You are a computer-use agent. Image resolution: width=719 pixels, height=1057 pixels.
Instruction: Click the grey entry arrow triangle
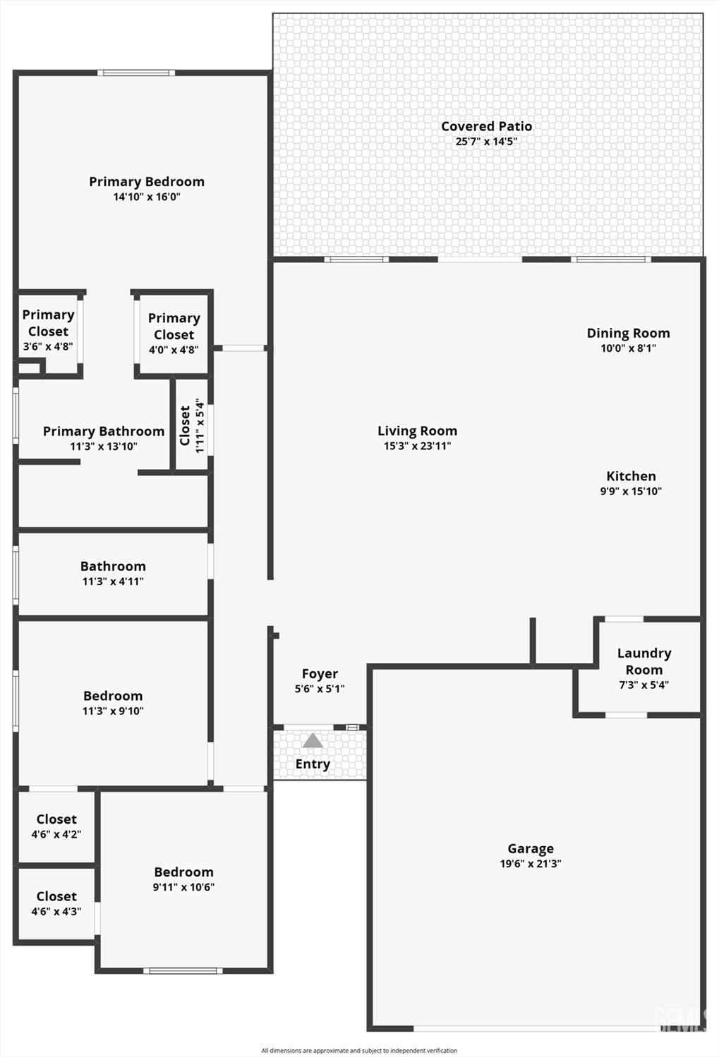pyautogui.click(x=313, y=740)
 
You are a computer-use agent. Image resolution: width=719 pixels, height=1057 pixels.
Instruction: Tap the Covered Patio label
pyautogui.click(x=487, y=126)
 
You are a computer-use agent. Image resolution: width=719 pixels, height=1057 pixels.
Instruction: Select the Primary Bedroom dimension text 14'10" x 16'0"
pyautogui.click(x=147, y=197)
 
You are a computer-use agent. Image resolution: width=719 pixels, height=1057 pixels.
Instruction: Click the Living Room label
pyautogui.click(x=417, y=431)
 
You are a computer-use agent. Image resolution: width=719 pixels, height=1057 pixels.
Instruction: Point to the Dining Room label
pyautogui.click(x=629, y=333)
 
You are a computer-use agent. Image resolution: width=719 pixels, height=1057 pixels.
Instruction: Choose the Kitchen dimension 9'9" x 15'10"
pyautogui.click(x=631, y=491)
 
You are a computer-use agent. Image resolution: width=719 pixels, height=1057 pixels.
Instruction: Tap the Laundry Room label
pyautogui.click(x=644, y=661)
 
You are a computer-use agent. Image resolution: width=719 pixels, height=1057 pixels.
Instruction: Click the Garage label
pyautogui.click(x=531, y=849)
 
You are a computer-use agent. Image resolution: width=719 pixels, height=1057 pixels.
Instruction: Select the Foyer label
pyautogui.click(x=320, y=674)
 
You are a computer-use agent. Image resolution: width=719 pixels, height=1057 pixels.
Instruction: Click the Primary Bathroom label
pyautogui.click(x=104, y=432)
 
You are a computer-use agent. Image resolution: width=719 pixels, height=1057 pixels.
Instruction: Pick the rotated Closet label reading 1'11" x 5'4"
pyautogui.click(x=192, y=426)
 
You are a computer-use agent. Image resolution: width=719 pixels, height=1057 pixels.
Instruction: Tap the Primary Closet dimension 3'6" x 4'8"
pyautogui.click(x=48, y=346)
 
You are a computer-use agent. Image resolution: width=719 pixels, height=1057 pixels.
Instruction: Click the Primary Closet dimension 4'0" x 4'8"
pyautogui.click(x=174, y=350)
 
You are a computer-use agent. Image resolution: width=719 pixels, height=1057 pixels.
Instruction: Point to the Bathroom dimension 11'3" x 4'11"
pyautogui.click(x=113, y=581)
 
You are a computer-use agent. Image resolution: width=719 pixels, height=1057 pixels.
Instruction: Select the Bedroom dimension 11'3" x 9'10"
pyautogui.click(x=113, y=711)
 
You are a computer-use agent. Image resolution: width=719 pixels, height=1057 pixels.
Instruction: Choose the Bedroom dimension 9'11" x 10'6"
pyautogui.click(x=183, y=887)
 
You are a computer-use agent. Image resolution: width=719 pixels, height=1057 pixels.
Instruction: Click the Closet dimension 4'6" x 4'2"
pyautogui.click(x=56, y=834)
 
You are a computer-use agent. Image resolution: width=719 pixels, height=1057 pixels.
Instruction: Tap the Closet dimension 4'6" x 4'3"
pyautogui.click(x=56, y=912)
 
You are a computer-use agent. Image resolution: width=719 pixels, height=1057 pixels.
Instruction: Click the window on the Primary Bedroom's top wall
pyautogui.click(x=136, y=73)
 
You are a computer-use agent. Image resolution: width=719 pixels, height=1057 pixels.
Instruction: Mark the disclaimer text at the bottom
pyautogui.click(x=359, y=1051)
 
